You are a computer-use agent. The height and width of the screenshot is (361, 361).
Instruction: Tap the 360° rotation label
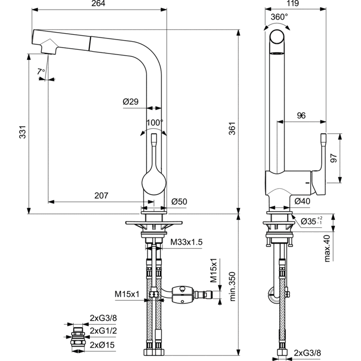[x=279, y=17]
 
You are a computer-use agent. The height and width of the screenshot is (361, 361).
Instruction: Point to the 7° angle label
[x=41, y=71]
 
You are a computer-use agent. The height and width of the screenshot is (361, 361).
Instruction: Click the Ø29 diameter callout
[x=130, y=102]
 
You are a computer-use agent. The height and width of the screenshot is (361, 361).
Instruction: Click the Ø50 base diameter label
[x=179, y=202]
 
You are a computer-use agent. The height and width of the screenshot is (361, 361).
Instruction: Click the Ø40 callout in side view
[x=303, y=202]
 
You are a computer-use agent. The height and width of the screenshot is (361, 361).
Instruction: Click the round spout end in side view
[x=277, y=40]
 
